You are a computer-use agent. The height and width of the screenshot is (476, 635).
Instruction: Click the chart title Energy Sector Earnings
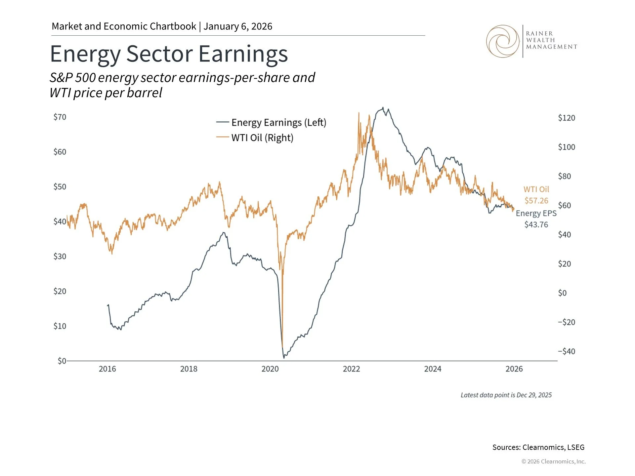(x=169, y=54)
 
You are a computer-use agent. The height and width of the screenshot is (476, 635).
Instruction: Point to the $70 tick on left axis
(x=60, y=117)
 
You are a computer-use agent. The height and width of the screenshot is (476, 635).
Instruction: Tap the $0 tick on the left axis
(x=62, y=361)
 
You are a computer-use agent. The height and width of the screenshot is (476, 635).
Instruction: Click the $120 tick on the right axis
(x=566, y=118)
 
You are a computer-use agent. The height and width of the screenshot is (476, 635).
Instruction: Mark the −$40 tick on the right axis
(x=566, y=351)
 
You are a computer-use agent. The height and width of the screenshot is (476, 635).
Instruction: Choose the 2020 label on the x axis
(x=270, y=369)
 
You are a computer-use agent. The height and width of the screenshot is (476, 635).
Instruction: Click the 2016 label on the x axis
(x=107, y=369)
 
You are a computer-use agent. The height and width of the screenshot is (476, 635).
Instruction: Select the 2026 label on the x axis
(x=514, y=369)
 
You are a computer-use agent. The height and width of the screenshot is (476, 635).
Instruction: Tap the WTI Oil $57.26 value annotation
(x=536, y=195)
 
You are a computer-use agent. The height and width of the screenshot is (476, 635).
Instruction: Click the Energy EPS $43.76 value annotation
(x=536, y=219)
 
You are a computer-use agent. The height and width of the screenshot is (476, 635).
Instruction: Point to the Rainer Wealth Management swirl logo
(x=503, y=41)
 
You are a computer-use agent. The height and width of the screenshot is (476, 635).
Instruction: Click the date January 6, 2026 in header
(x=238, y=26)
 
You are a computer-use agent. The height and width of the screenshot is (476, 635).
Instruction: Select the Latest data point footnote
(x=506, y=395)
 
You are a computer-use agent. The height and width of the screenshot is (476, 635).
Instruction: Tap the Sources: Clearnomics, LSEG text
(x=538, y=447)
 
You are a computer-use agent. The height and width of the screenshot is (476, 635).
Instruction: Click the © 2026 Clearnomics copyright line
(x=553, y=461)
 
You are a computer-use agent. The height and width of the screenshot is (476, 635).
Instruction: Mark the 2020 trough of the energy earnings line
(x=284, y=357)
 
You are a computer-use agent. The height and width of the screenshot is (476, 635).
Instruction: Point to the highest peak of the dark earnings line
(x=383, y=108)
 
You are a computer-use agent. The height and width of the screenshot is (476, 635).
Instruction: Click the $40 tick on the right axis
(x=564, y=235)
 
